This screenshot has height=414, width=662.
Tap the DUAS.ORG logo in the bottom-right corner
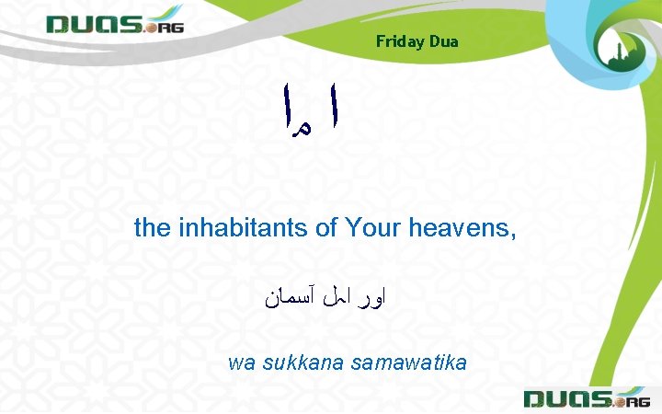pos(586,398)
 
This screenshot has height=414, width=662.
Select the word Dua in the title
pos(443,41)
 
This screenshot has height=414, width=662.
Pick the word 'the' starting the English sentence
pos(151,227)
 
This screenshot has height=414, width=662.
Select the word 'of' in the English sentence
pos(326,227)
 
